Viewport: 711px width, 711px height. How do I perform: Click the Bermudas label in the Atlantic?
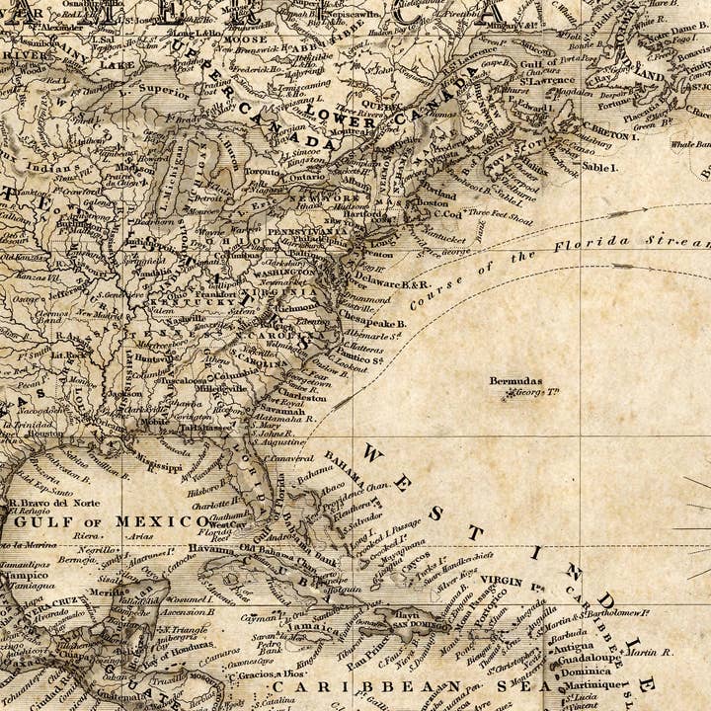tap(515, 380)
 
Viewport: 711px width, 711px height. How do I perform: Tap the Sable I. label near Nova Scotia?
tap(598, 168)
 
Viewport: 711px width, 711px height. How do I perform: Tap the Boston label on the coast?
tap(433, 202)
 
